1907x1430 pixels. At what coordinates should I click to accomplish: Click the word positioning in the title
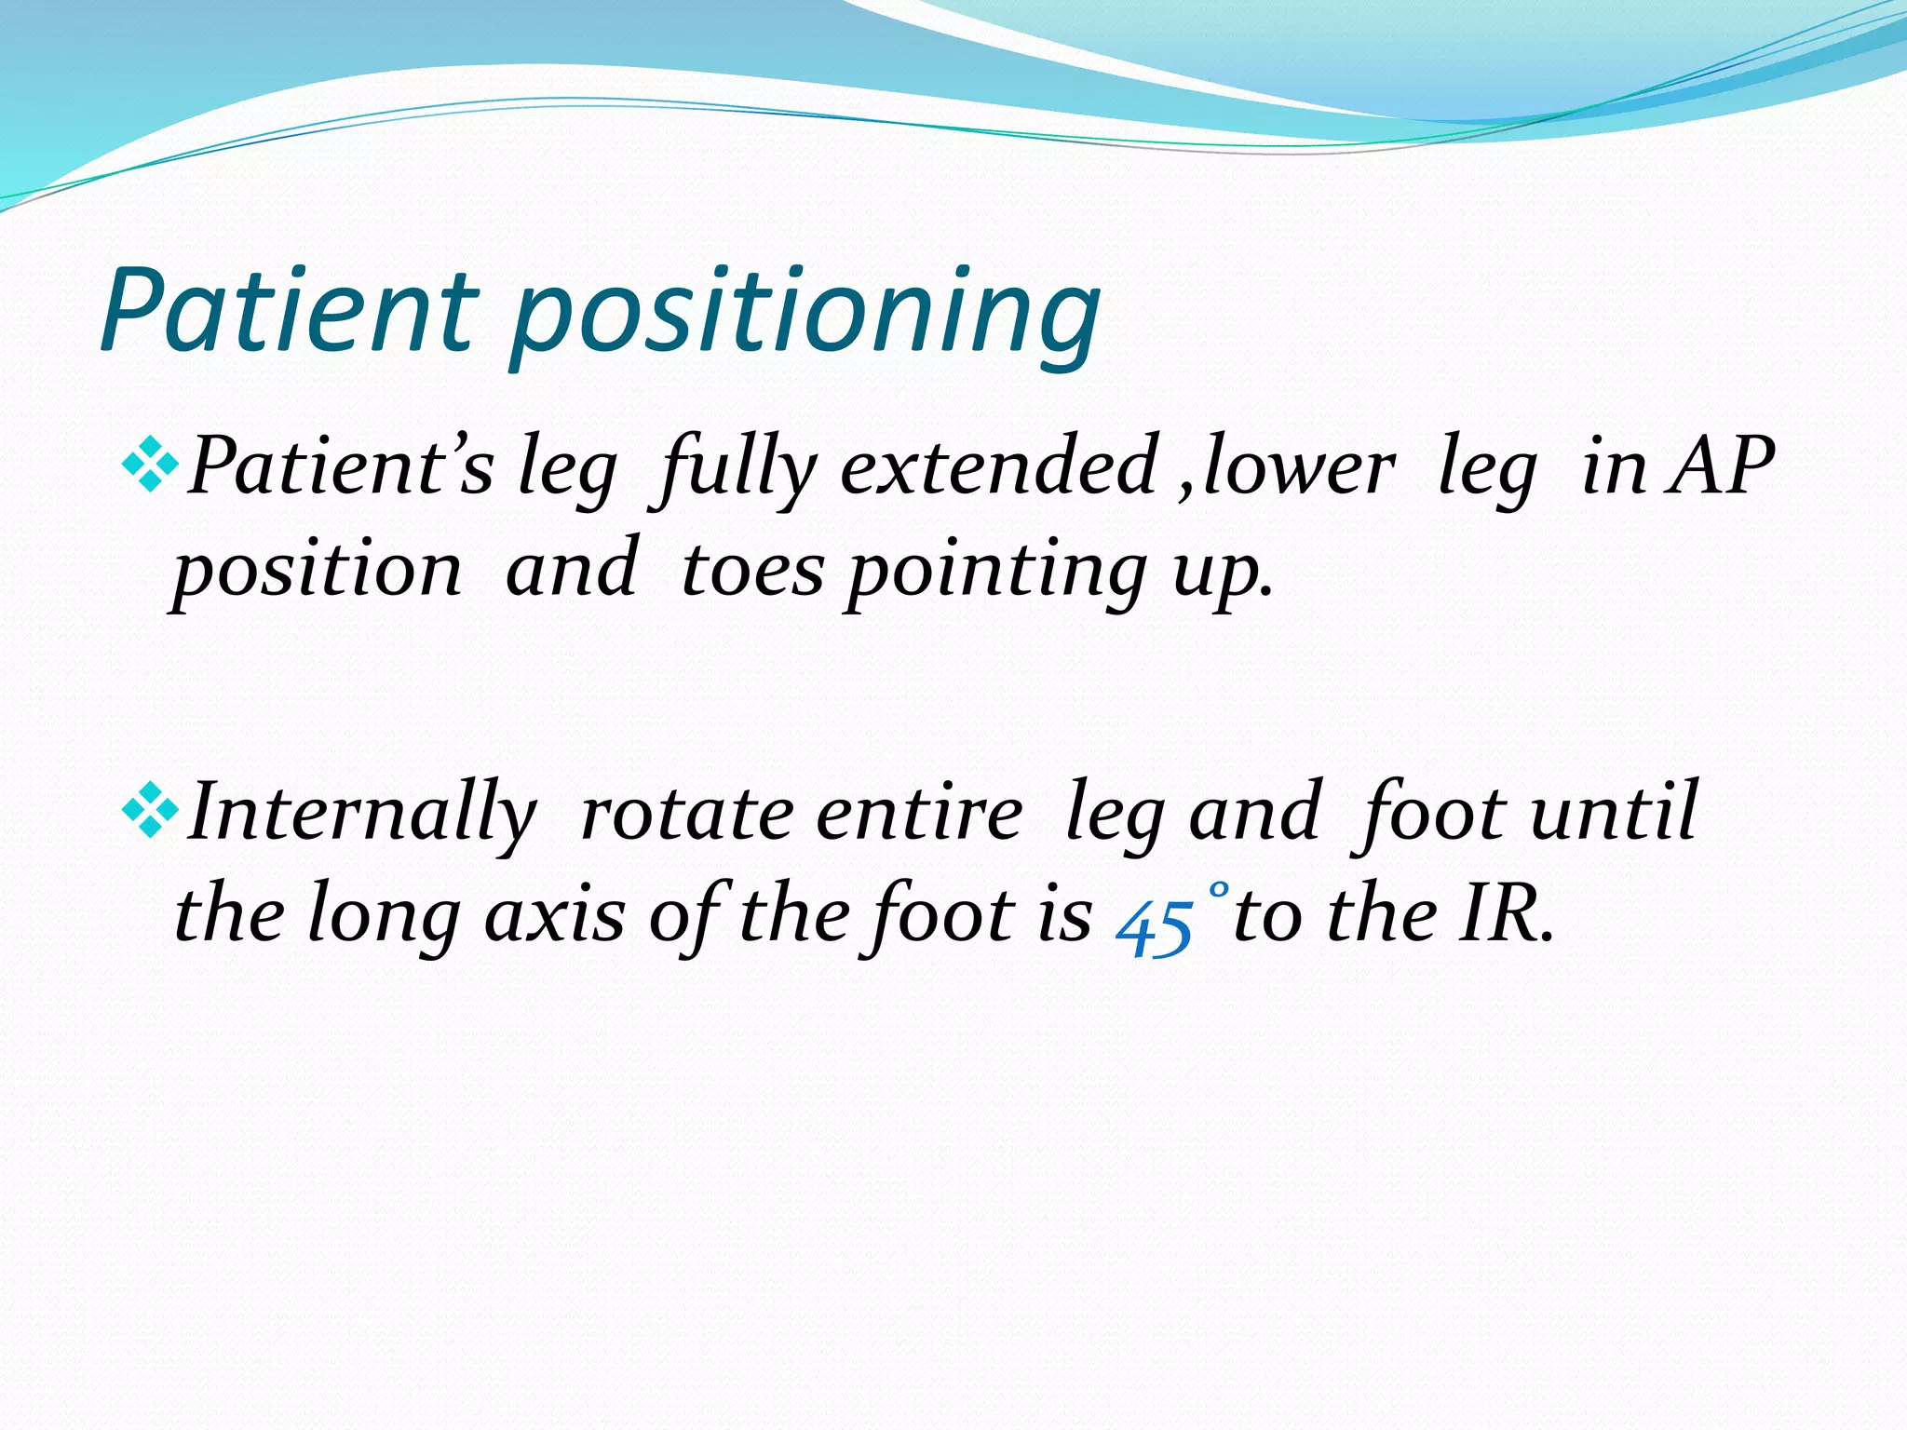tap(806, 317)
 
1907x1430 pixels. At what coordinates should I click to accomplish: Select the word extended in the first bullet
tap(999, 465)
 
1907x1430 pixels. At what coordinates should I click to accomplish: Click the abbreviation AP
tap(1721, 465)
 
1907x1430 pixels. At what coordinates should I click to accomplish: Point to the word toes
tap(752, 569)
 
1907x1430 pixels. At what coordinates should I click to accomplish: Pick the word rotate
tap(687, 813)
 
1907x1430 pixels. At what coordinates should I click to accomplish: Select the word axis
tap(555, 915)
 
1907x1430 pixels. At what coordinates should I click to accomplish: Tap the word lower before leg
tap(1299, 465)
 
